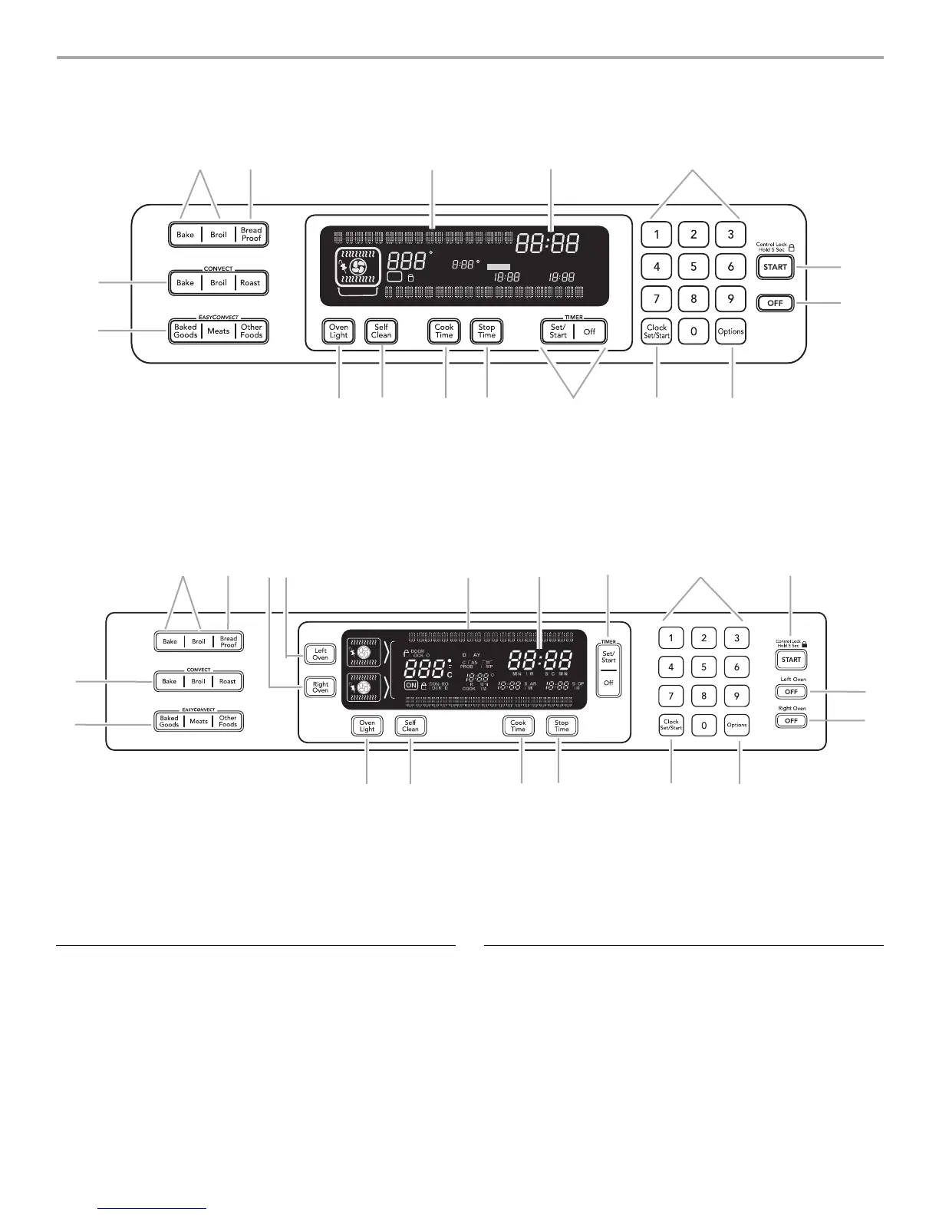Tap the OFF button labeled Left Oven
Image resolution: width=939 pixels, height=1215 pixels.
(791, 692)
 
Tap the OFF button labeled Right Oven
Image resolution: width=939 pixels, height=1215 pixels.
(791, 721)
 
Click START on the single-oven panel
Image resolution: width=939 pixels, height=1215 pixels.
(775, 267)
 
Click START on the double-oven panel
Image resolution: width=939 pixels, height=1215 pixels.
(791, 660)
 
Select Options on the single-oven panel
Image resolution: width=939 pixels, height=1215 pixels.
(730, 331)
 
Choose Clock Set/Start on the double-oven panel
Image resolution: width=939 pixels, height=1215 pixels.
(671, 725)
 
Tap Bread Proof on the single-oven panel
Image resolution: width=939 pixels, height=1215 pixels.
(251, 234)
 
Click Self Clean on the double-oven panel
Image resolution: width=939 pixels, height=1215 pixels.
(410, 726)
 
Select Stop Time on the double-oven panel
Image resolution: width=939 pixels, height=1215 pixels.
(562, 726)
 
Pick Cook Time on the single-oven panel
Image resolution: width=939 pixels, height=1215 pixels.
(444, 331)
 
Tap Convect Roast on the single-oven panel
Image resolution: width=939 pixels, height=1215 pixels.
(250, 282)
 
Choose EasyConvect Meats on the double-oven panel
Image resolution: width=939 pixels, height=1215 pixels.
(199, 721)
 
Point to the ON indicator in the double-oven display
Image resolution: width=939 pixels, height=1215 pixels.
(412, 685)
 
